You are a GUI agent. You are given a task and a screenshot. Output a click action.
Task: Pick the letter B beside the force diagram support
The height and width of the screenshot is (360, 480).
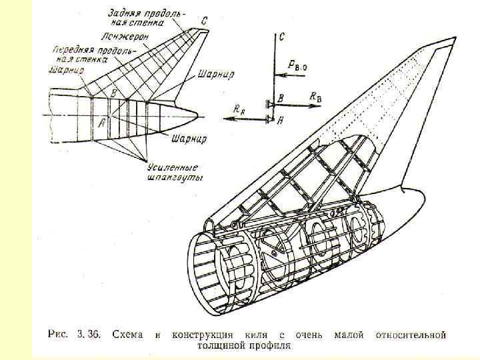281,98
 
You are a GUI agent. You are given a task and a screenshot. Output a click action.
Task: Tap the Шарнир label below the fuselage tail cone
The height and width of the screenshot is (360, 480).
189,139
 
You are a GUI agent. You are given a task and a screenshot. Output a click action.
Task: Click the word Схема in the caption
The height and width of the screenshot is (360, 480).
127,335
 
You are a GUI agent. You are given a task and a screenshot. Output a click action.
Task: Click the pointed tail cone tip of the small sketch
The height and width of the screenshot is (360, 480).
197,112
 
